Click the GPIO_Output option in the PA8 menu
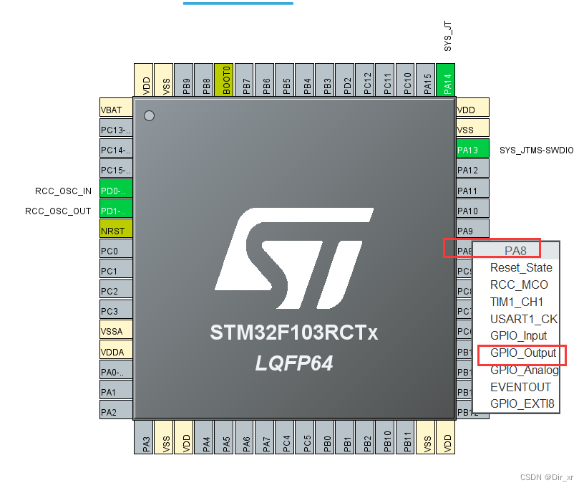522,353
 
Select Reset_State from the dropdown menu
521,267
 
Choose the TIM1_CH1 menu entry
517,302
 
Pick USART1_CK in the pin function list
524,319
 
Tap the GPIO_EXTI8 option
522,403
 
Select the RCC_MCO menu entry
519,284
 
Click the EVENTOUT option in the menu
520,387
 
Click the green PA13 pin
472,150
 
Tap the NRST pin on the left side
116,231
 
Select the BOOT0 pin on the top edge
226,79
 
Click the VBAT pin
116,110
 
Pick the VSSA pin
116,331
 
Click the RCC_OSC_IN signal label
63,191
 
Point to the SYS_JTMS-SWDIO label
536,150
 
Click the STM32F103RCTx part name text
293,333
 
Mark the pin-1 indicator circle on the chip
149,115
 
